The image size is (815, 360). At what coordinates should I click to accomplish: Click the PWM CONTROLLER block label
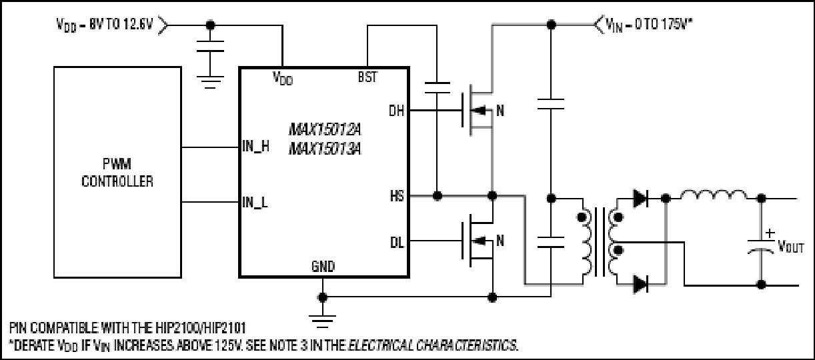(x=117, y=173)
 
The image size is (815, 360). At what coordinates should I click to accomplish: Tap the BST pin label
(x=367, y=77)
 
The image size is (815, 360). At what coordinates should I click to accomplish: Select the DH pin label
(x=396, y=111)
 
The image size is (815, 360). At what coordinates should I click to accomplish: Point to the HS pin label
(x=397, y=196)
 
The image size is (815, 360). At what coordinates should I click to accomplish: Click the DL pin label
(x=397, y=243)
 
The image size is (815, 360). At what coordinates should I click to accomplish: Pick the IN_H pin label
(x=255, y=146)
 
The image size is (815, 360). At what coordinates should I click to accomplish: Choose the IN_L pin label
(x=255, y=202)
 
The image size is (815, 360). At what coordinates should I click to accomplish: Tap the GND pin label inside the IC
(x=323, y=267)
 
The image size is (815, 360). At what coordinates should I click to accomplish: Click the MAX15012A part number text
(x=325, y=129)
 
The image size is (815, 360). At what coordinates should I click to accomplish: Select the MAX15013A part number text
(x=325, y=149)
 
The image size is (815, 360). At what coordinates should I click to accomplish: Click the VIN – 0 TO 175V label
(x=648, y=25)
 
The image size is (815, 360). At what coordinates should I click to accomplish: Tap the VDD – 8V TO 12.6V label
(x=105, y=25)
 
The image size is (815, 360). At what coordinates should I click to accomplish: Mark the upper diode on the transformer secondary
(x=640, y=199)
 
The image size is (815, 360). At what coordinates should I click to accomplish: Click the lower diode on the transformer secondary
(x=640, y=284)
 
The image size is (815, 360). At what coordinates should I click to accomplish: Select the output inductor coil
(x=713, y=195)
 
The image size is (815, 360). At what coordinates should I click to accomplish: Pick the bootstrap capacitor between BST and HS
(x=438, y=87)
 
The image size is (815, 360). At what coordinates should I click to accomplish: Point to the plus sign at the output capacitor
(x=770, y=233)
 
